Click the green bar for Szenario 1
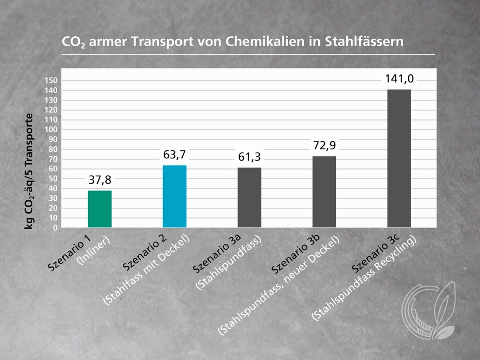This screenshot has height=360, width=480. coord(100,209)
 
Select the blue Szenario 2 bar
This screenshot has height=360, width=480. coord(174,196)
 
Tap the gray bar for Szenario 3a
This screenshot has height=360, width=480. coord(249,197)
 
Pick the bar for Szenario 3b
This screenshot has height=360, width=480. coord(324,192)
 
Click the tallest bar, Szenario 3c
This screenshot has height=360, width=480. coord(399,158)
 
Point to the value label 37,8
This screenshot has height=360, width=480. coord(100,179)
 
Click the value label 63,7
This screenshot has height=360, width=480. coord(175,155)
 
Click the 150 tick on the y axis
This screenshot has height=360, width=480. coord(52,81)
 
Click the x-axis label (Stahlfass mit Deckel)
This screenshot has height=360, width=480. coord(147,272)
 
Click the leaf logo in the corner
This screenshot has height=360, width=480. coord(429,311)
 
